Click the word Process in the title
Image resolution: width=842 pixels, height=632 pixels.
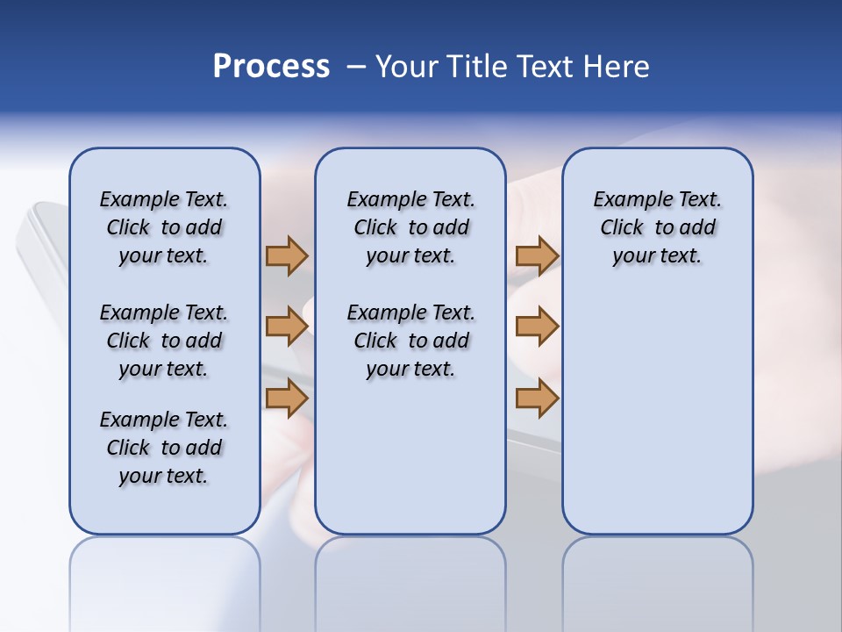click(271, 67)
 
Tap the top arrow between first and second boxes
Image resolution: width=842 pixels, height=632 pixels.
click(287, 255)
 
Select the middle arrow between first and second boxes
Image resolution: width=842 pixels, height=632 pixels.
click(287, 327)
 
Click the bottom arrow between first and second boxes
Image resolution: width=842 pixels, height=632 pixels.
click(287, 399)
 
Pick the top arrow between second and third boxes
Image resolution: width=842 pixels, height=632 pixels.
click(537, 255)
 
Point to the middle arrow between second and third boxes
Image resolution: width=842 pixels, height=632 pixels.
click(537, 327)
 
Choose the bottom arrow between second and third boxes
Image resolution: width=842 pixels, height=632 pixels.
click(537, 399)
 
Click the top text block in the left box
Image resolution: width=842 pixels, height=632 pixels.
click(164, 227)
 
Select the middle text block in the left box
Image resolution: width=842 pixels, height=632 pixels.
click(164, 341)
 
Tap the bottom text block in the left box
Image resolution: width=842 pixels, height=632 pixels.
click(164, 448)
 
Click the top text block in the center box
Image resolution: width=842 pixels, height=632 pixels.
click(410, 227)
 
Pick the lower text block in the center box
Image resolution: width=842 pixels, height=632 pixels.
click(410, 341)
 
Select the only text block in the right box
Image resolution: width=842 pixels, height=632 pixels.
click(658, 227)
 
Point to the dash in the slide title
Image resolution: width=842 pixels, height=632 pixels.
click(356, 67)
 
